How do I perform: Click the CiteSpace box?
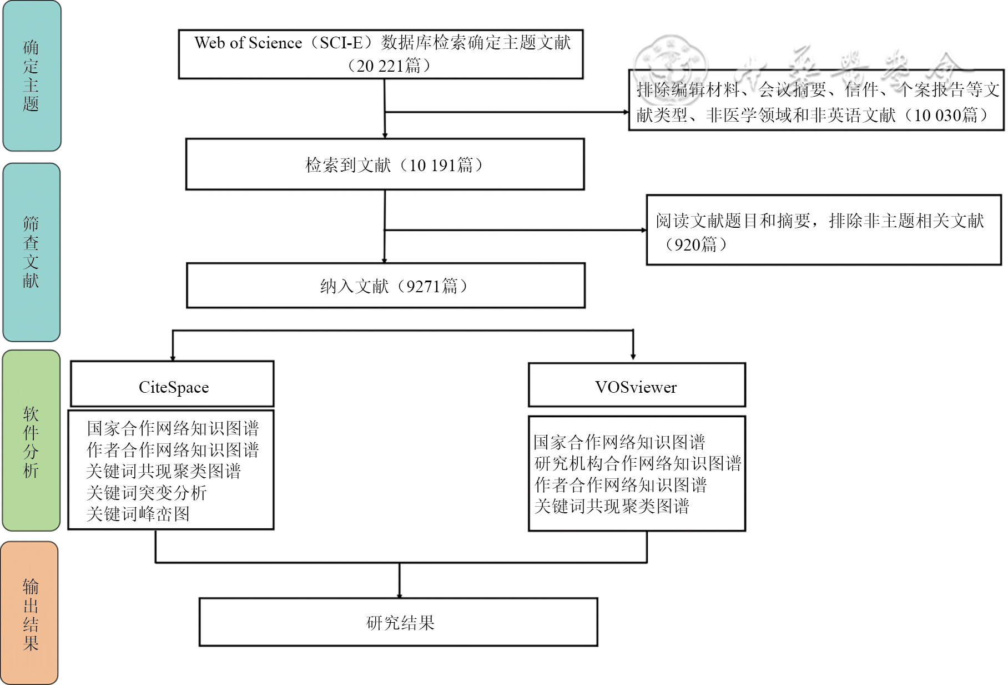(x=173, y=384)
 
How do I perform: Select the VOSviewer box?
(x=636, y=386)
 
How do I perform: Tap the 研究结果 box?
(x=399, y=622)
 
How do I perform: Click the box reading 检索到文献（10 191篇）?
(x=385, y=164)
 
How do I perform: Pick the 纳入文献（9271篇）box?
(x=386, y=286)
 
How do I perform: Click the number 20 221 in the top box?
(x=380, y=66)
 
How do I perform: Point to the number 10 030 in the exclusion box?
(x=937, y=115)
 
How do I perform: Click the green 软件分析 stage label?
(x=31, y=441)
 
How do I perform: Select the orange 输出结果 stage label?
(x=30, y=614)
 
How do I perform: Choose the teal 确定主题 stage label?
(x=31, y=76)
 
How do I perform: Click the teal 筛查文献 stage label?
(x=31, y=252)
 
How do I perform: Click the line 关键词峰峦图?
(x=138, y=514)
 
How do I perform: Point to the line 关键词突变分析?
(x=147, y=493)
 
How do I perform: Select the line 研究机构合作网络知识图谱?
(x=638, y=463)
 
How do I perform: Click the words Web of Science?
(x=248, y=43)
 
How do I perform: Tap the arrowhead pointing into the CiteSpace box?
(x=173, y=357)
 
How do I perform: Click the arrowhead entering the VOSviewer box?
(x=633, y=356)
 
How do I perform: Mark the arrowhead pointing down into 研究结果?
(x=399, y=594)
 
